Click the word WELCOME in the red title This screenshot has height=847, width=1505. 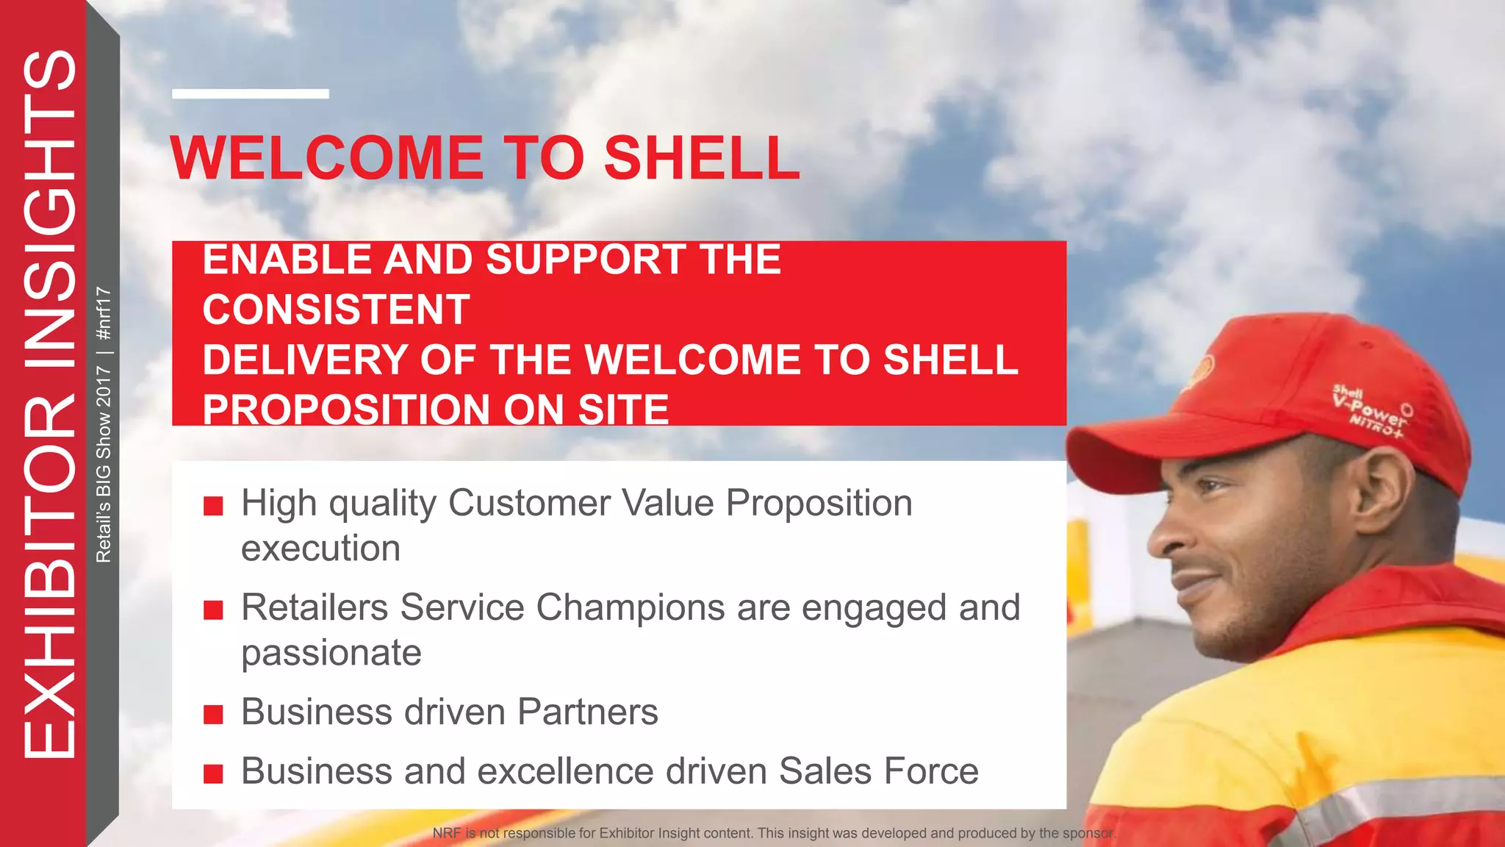326,158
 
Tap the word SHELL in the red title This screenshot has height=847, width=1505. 702,158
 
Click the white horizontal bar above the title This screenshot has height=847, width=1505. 250,93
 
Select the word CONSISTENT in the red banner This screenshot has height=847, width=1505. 336,310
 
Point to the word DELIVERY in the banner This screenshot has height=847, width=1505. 304,360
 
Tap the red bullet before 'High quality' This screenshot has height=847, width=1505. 213,506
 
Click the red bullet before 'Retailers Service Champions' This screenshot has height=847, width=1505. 213,610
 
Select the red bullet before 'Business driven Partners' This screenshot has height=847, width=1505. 213,714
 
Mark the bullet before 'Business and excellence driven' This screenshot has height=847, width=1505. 213,773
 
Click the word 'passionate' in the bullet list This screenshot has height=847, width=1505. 331,653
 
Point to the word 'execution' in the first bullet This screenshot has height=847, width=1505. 320,548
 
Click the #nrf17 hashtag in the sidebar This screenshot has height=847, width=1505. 104,313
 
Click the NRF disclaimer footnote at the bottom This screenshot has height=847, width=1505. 773,833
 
